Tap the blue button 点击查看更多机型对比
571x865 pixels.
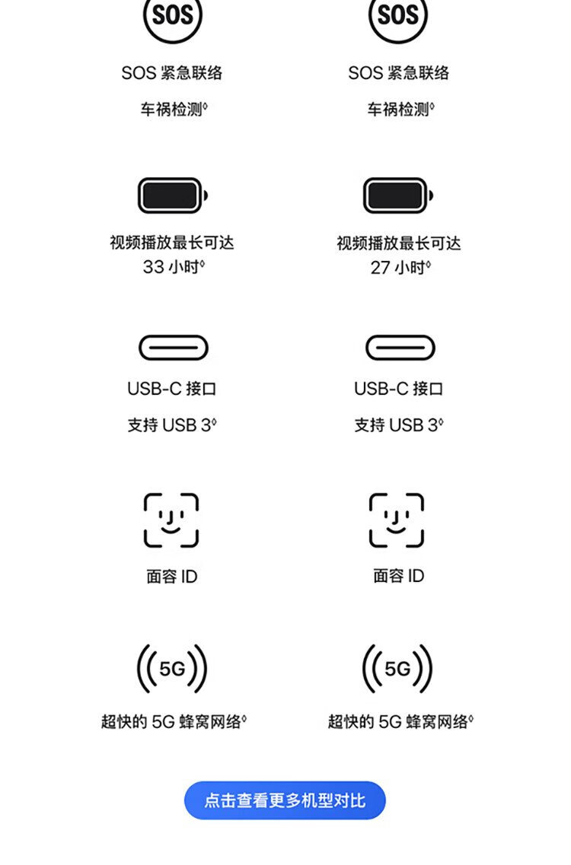[x=285, y=800]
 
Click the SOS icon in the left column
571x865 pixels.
[x=173, y=16]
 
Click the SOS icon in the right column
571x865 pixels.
[x=398, y=16]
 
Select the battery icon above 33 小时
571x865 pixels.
[x=172, y=196]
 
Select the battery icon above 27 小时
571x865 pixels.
[x=398, y=196]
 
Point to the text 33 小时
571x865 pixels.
[x=173, y=267]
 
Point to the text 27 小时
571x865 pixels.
[x=399, y=267]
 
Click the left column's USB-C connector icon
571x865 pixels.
[x=173, y=348]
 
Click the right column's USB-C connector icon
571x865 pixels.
[x=400, y=348]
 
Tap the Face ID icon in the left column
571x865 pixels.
[x=171, y=520]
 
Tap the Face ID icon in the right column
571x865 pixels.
[x=397, y=520]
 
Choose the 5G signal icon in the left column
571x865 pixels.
[x=172, y=669]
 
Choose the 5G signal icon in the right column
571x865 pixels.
[x=397, y=669]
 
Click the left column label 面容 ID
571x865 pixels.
[x=172, y=577]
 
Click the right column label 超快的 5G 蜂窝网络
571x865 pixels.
[x=400, y=722]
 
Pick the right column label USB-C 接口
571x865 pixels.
[x=398, y=389]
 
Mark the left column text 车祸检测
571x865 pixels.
[x=172, y=110]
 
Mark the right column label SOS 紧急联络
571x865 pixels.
[x=398, y=73]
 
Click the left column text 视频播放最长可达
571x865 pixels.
[x=172, y=243]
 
